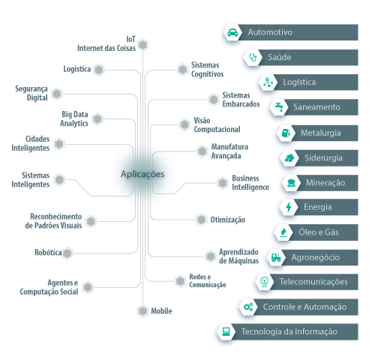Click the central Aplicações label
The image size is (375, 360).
tap(142, 174)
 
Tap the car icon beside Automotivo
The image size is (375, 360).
tap(232, 32)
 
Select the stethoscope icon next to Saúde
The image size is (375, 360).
tap(253, 58)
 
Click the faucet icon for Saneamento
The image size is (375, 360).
tap(279, 107)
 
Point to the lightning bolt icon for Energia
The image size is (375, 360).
tap(289, 207)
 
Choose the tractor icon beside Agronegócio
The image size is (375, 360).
tap(276, 257)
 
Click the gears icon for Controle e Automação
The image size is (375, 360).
tap(248, 307)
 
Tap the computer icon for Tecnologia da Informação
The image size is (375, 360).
tap(226, 331)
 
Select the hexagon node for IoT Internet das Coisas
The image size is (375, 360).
tap(143, 45)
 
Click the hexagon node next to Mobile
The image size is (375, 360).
tap(142, 311)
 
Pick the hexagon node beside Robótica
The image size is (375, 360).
tap(67, 253)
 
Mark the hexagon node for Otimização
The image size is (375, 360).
tap(201, 220)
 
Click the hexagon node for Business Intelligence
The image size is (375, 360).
tap(223, 183)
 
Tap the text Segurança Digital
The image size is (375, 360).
tap(31, 93)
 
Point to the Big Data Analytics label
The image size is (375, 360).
tap(74, 118)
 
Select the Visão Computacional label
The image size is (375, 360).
tap(217, 124)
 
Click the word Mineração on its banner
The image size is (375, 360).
tap(325, 183)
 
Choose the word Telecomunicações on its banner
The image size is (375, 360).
tap(313, 282)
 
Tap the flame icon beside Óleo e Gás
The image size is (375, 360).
tap(283, 232)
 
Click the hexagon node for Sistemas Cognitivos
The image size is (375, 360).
tap(182, 69)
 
